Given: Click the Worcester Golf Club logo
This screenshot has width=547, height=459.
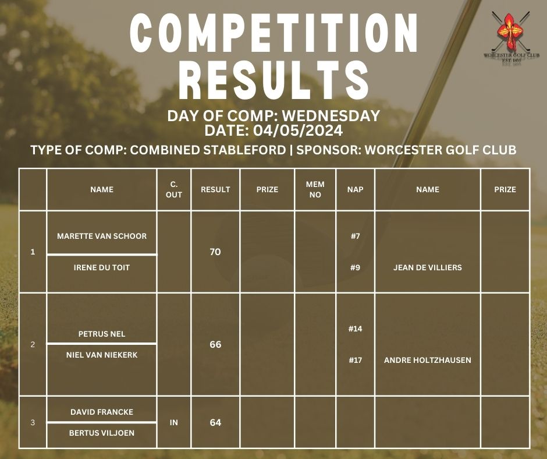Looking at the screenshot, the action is [x=511, y=38].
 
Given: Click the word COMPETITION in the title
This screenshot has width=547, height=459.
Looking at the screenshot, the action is [x=274, y=34].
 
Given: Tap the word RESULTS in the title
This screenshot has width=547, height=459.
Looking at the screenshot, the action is [x=274, y=80].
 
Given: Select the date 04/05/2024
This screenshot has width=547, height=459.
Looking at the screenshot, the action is [x=298, y=130].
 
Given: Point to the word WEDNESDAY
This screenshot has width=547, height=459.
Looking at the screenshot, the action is [x=331, y=115].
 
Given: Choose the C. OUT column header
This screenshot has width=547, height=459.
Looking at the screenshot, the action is [x=174, y=189].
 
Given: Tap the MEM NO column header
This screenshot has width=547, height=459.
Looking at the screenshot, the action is [x=315, y=189].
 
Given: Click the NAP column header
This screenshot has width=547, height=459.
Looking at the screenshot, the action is [x=355, y=189].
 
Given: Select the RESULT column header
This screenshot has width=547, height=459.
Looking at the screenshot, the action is [x=215, y=189].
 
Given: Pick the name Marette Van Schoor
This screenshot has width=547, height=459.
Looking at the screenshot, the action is [x=102, y=236].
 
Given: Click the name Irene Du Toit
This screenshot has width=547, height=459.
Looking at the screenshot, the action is [x=102, y=267].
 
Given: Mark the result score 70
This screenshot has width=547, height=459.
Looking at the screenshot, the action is [x=215, y=252].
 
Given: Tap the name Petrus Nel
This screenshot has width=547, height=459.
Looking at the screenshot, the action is [x=102, y=334].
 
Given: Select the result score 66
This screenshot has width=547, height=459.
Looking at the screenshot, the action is [x=215, y=344].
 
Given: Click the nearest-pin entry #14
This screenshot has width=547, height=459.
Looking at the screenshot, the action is [x=355, y=329].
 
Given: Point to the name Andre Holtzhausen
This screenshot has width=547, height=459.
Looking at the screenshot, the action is [x=428, y=360].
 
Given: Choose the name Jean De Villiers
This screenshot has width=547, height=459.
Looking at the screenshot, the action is [x=428, y=267].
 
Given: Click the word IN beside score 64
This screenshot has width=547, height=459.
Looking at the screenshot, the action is [x=174, y=423].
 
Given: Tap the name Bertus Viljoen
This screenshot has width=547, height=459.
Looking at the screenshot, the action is [x=102, y=433].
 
